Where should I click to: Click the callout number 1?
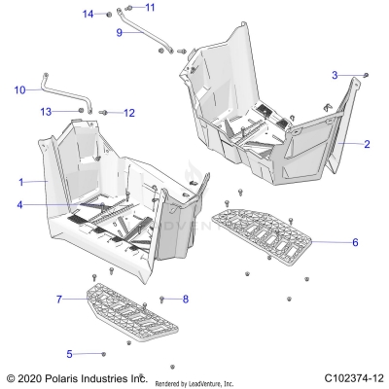pos(21,182)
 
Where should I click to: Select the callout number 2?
pos(367,144)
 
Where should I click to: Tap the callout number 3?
pos(335,75)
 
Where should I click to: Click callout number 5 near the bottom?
pos(69,353)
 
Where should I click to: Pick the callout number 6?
pos(355,241)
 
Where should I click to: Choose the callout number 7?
pos(59,298)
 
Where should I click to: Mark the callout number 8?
pos(186,299)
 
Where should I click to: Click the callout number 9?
pos(119,32)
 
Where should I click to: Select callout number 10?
pos(19,90)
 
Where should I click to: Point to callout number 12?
pos(128,113)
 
